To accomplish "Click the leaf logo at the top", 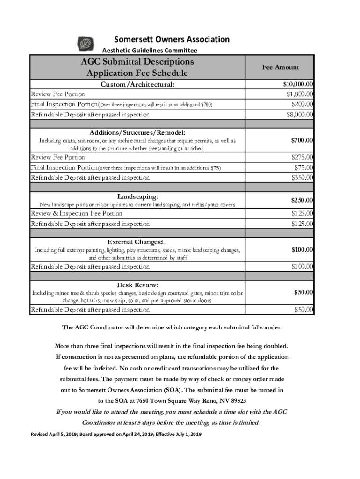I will pyautogui.click(x=86, y=44).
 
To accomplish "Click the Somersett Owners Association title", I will pyautogui.click(x=172, y=39).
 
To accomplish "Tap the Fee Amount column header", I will pyautogui.click(x=280, y=67).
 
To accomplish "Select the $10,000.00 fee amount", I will pyautogui.click(x=298, y=85).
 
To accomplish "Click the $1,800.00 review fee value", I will pyautogui.click(x=300, y=94).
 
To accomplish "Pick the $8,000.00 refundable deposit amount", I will pyautogui.click(x=300, y=114).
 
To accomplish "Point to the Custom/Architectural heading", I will pyautogui.click(x=137, y=85).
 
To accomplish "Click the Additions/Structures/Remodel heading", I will pyautogui.click(x=137, y=132).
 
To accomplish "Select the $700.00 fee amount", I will pyautogui.click(x=302, y=140).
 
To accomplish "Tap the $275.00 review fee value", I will pyautogui.click(x=302, y=158).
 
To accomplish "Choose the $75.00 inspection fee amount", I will pyautogui.click(x=304, y=167).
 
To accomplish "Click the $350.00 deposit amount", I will pyautogui.click(x=302, y=178).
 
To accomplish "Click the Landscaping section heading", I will pyautogui.click(x=137, y=196).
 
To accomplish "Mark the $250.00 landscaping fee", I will pyautogui.click(x=302, y=200).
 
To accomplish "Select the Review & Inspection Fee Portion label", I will pyautogui.click(x=76, y=214).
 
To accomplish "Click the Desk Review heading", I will pyautogui.click(x=137, y=285).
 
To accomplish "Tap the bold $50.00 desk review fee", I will pyautogui.click(x=304, y=292).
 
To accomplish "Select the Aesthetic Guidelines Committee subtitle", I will pyautogui.click(x=150, y=51).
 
